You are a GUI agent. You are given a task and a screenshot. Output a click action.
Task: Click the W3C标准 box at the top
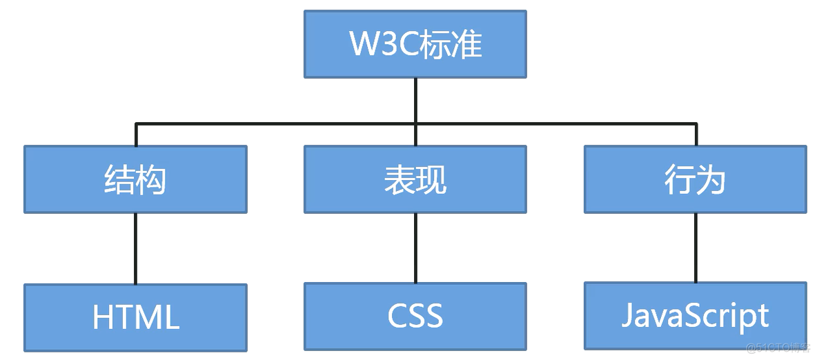[415, 44]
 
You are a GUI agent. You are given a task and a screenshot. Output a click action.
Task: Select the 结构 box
[135, 179]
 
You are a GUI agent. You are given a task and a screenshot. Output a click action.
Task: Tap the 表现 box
[415, 179]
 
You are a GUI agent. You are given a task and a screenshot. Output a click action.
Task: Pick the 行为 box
[695, 179]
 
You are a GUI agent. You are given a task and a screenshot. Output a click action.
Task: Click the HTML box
[135, 317]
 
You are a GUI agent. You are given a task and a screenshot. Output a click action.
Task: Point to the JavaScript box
[695, 315]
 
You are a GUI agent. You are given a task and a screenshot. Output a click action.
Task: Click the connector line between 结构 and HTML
[135, 248]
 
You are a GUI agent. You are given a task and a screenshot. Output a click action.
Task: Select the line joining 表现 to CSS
[415, 248]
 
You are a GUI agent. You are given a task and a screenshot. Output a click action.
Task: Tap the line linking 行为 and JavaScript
[696, 248]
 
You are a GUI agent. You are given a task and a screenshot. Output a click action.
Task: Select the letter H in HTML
[103, 318]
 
